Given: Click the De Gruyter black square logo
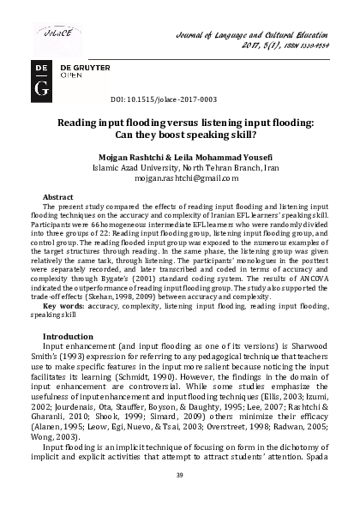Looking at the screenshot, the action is [42, 76].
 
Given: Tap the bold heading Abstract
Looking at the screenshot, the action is [57, 197].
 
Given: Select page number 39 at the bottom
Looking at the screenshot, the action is [180, 476].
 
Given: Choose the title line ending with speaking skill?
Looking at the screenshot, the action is [180, 137].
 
